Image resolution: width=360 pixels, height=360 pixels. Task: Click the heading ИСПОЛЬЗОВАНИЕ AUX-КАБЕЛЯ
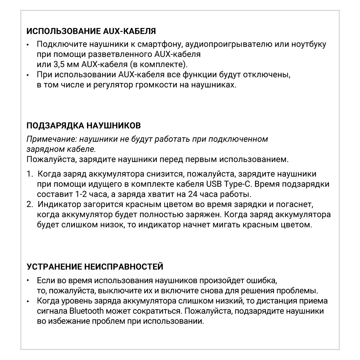pyautogui.click(x=91, y=32)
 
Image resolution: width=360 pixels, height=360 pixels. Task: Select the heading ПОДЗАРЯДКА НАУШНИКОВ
pyautogui.click(x=83, y=126)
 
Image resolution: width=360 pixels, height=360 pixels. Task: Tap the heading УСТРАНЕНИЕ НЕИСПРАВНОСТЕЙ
pyautogui.click(x=95, y=267)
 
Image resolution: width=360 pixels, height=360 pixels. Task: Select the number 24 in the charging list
pyautogui.click(x=192, y=194)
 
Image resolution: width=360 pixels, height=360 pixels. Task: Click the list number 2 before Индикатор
pyautogui.click(x=30, y=204)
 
